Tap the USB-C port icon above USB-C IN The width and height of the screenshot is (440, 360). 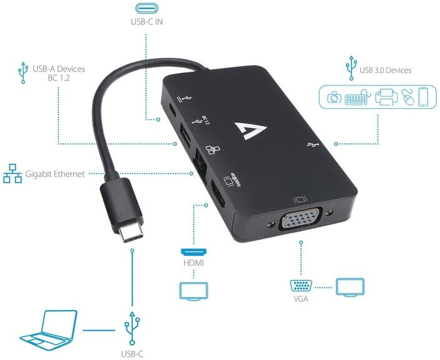[x=146, y=9]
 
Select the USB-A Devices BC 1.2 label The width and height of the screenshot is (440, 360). [x=59, y=74]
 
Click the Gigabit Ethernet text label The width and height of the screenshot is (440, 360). [x=55, y=174]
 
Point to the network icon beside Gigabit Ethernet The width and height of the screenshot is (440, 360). [x=12, y=173]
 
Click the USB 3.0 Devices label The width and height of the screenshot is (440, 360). [x=385, y=70]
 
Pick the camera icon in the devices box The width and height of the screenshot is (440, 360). [x=335, y=97]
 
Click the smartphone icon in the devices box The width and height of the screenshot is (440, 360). [x=424, y=97]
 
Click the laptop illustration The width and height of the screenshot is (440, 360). [x=47, y=328]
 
